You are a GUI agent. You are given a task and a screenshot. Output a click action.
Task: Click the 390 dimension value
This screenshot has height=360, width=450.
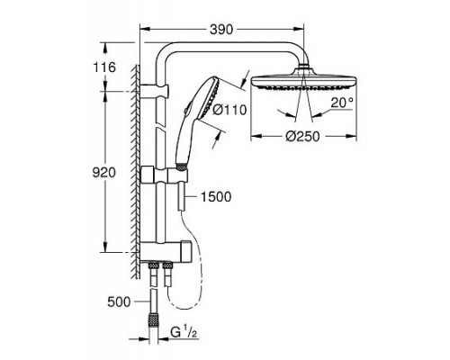[221, 30]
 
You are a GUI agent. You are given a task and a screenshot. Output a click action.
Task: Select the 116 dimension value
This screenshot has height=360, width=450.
[104, 67]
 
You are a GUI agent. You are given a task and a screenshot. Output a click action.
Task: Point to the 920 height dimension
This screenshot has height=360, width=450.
[103, 173]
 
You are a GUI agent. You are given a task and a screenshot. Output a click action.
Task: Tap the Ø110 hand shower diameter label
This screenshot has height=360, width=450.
[229, 110]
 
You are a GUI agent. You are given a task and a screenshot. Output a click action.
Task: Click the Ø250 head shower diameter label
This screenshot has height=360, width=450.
[302, 137]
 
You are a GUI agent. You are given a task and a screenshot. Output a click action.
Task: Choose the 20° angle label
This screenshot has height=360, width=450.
[342, 103]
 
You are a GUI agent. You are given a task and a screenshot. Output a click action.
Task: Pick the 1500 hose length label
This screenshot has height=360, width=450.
[216, 197]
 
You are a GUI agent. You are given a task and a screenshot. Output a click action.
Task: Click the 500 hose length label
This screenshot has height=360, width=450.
[119, 301]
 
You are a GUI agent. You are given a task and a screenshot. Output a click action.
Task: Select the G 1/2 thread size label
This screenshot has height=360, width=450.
[184, 332]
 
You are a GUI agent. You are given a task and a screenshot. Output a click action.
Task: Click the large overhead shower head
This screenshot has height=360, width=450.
[304, 82]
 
